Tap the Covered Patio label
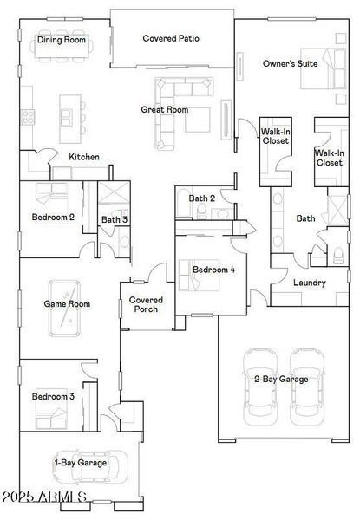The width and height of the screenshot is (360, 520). point(172,38)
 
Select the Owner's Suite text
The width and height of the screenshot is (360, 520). point(290,63)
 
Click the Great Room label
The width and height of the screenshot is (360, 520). point(165,110)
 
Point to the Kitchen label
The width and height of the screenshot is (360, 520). point(84,157)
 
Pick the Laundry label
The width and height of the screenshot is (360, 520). point(309,283)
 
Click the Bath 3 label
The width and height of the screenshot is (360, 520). point(115,220)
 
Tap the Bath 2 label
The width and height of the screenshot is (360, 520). point(201,198)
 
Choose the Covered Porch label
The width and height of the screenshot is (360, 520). point(146,304)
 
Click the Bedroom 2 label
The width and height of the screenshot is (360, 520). point(53,217)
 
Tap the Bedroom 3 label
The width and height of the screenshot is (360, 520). point(53,396)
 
